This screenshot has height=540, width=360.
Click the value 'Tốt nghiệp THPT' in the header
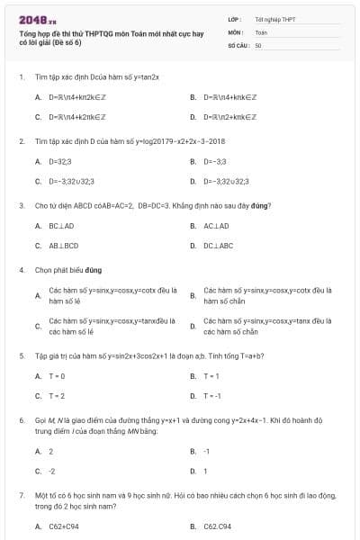[x=274, y=18]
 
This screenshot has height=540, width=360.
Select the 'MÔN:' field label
[x=235, y=31]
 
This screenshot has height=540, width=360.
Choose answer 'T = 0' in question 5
[x=57, y=376]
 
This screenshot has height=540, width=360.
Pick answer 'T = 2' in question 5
[x=57, y=395]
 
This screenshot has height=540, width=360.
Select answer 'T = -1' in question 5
[x=212, y=395]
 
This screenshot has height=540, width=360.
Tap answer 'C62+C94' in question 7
[x=64, y=526]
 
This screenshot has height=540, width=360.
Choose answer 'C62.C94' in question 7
[x=218, y=526]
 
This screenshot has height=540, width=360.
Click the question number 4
[x=21, y=269]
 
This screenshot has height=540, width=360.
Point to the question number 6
[x=21, y=419]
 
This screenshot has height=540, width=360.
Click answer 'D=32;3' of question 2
[x=59, y=162]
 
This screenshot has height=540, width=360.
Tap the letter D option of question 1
[x=193, y=117]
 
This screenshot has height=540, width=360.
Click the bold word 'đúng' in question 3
[x=263, y=206]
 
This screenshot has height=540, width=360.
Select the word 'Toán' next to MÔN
[x=261, y=31]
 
